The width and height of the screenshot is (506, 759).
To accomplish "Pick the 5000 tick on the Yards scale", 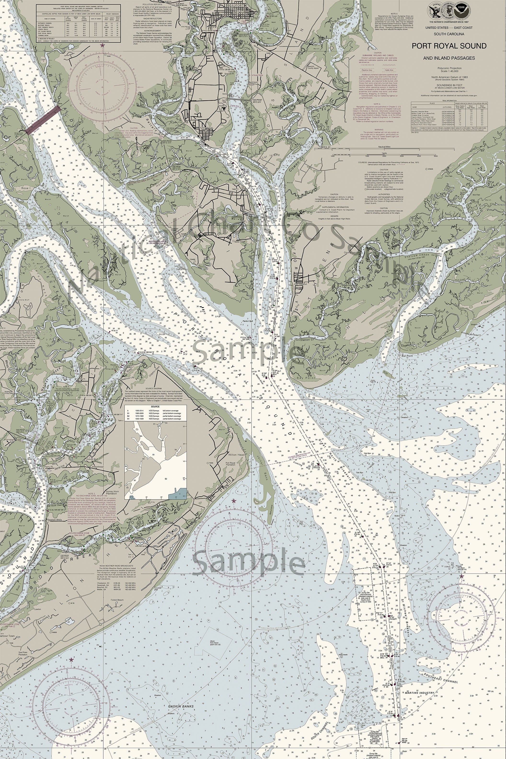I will [x=436, y=156].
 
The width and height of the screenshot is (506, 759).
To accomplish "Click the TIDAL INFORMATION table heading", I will [x=449, y=101].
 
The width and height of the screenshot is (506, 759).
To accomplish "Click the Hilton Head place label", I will [x=236, y=455].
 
